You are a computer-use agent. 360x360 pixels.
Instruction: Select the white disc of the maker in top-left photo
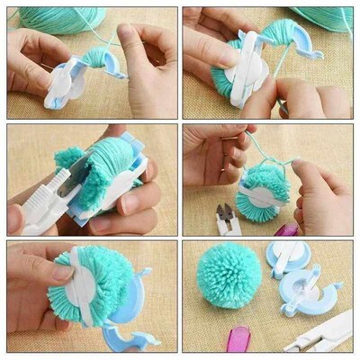tap(65, 84)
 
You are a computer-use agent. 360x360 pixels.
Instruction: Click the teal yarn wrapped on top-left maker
tap(95, 58)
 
